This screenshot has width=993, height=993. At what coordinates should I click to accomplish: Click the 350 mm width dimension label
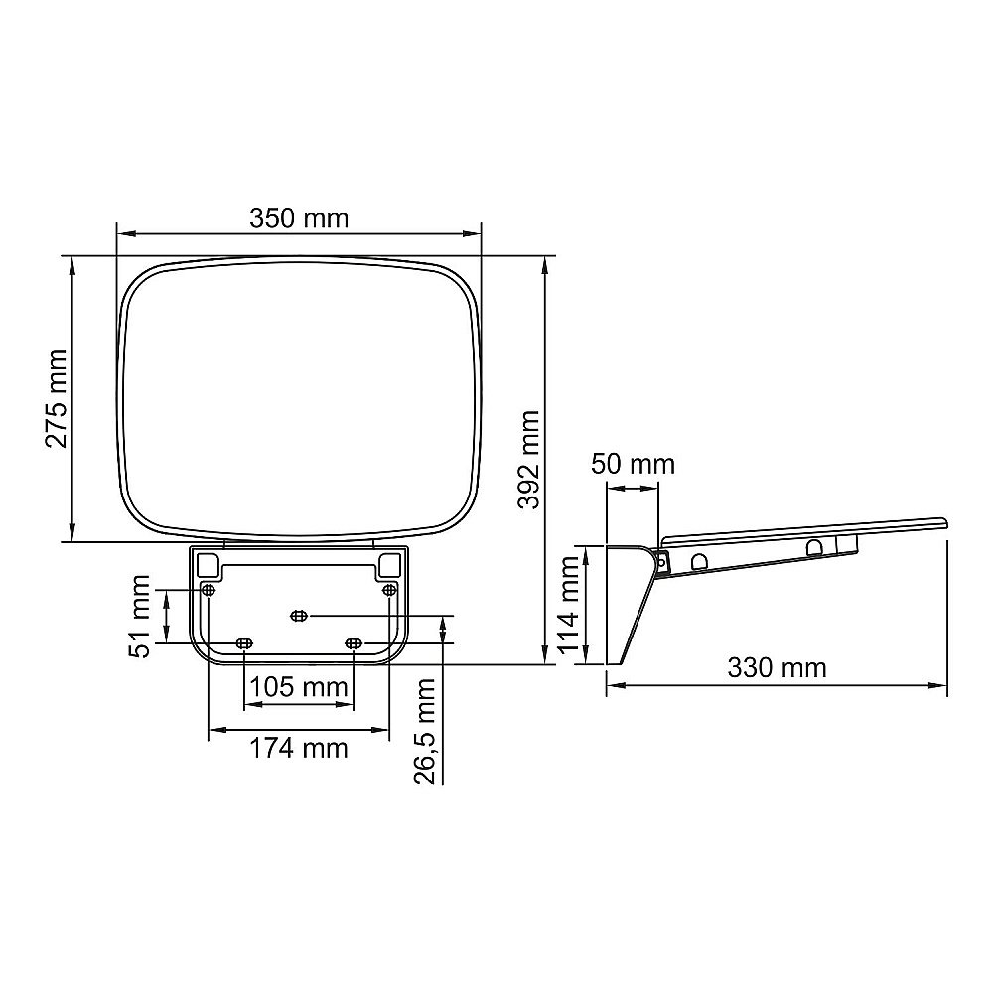(299, 218)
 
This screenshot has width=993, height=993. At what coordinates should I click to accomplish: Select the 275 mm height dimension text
(56, 398)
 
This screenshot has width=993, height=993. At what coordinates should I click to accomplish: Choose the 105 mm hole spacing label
(298, 687)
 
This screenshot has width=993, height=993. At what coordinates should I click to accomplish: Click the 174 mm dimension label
(299, 748)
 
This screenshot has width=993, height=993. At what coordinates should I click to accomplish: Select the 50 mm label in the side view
(633, 464)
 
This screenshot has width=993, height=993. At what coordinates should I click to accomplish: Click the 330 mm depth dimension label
(777, 667)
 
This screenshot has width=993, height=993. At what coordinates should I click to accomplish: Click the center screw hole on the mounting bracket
(298, 617)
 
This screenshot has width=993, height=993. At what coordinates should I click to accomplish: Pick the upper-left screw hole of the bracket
(208, 590)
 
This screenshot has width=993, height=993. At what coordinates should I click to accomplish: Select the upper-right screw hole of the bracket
(389, 590)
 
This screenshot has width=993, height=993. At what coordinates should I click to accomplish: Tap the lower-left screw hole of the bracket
(244, 644)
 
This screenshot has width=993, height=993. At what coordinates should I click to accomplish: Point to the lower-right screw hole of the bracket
(353, 644)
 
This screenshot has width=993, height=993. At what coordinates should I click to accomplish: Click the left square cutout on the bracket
(209, 564)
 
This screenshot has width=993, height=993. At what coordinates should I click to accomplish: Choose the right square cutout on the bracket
(388, 564)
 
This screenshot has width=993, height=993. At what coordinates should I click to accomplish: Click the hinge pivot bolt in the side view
(662, 560)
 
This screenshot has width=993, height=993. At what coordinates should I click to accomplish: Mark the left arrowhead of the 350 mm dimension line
(122, 235)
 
